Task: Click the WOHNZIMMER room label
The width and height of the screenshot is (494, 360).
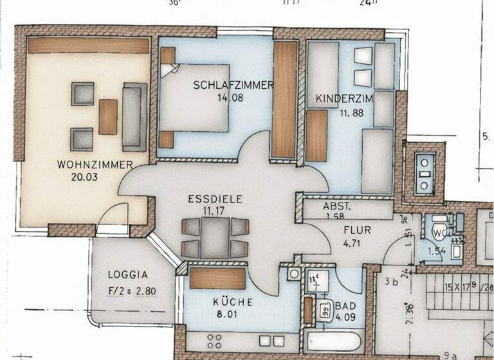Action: tap(95, 165)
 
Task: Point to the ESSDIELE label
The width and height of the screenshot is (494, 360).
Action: tap(215, 199)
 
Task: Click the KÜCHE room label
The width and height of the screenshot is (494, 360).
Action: tap(232, 301)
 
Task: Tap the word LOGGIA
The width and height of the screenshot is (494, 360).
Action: tap(128, 274)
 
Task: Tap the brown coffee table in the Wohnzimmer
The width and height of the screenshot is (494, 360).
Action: tap(108, 116)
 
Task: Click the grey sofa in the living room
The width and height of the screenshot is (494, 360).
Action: tap(135, 116)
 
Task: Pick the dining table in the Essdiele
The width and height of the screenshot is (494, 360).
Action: tap(215, 237)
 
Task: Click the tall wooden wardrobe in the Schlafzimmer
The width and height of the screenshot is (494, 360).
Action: tap(284, 100)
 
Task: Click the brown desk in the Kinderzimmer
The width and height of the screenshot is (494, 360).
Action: tap(316, 135)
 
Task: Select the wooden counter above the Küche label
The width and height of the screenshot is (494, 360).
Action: tap(218, 278)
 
